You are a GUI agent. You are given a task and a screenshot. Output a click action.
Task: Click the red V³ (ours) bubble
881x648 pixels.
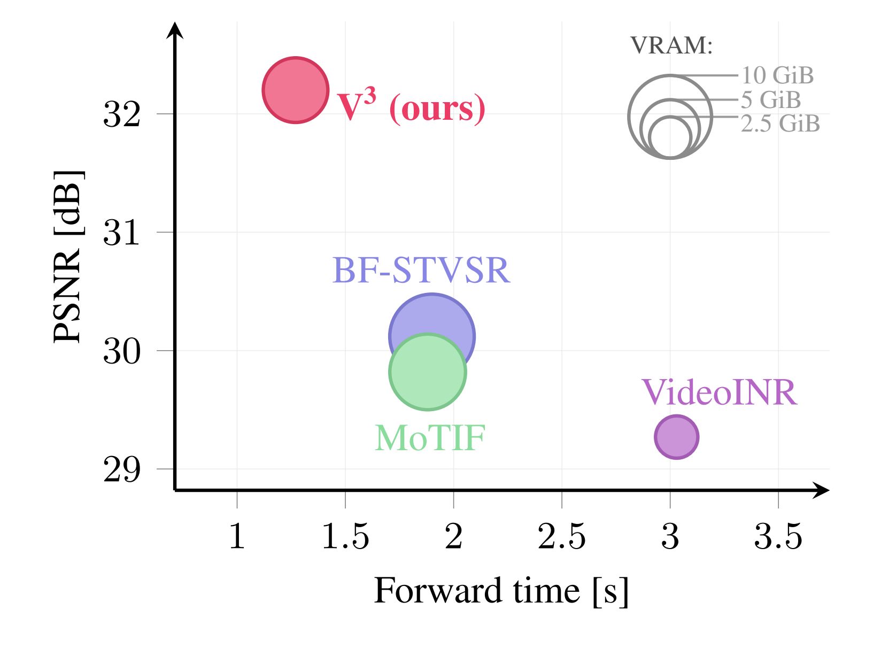tap(295, 90)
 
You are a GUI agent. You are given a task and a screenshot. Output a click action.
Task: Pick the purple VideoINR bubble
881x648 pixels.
tap(676, 437)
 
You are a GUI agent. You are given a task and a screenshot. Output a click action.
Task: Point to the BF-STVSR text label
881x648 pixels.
tap(421, 271)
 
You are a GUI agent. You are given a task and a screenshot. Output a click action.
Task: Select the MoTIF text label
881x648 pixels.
tap(430, 438)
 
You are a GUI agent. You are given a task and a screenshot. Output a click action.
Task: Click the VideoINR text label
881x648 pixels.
tap(719, 392)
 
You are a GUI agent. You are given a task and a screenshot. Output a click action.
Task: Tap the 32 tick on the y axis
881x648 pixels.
tap(122, 114)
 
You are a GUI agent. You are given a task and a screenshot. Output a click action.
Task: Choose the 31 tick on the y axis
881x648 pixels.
tap(122, 233)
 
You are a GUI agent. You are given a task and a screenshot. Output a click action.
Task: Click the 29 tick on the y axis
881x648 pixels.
tap(122, 469)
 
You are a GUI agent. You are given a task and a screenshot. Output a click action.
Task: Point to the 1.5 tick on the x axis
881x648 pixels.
tap(345, 536)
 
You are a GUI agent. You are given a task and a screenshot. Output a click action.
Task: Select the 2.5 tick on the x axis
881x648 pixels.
tap(562, 536)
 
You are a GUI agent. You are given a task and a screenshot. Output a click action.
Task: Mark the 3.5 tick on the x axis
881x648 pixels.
tap(778, 536)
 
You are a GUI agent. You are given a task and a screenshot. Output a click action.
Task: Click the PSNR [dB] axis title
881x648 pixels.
tap(68, 257)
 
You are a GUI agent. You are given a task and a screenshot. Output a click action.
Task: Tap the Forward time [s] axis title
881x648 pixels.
tap(501, 591)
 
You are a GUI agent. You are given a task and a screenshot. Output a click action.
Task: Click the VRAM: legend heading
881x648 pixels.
tap(671, 46)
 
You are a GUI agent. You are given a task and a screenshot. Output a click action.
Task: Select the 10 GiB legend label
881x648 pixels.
tap(777, 75)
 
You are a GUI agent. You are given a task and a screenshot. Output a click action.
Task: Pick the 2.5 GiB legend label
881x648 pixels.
tap(780, 124)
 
